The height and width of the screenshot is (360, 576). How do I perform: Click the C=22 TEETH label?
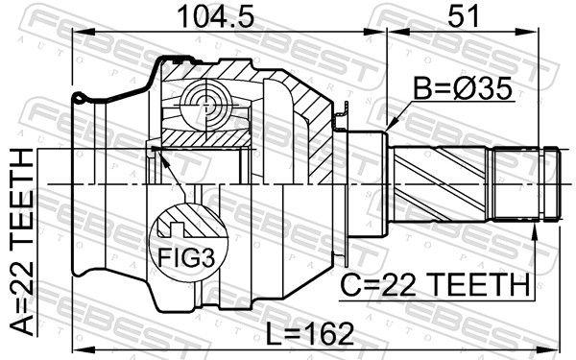click(x=434, y=285)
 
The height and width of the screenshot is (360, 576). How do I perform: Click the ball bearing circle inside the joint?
click(x=207, y=104)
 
